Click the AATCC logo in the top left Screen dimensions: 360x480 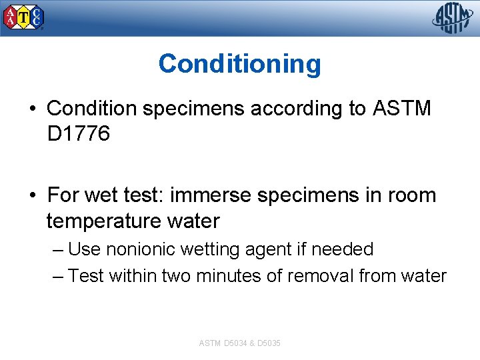pyautogui.click(x=24, y=18)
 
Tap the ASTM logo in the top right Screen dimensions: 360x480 pyautogui.click(x=453, y=17)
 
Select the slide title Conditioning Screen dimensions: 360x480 pyautogui.click(x=239, y=64)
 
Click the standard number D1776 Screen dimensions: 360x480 pyautogui.click(x=78, y=135)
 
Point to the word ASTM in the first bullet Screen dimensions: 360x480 pyautogui.click(x=401, y=108)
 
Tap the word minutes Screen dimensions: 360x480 pyautogui.click(x=228, y=275)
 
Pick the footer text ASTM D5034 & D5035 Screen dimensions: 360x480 pyautogui.click(x=239, y=343)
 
